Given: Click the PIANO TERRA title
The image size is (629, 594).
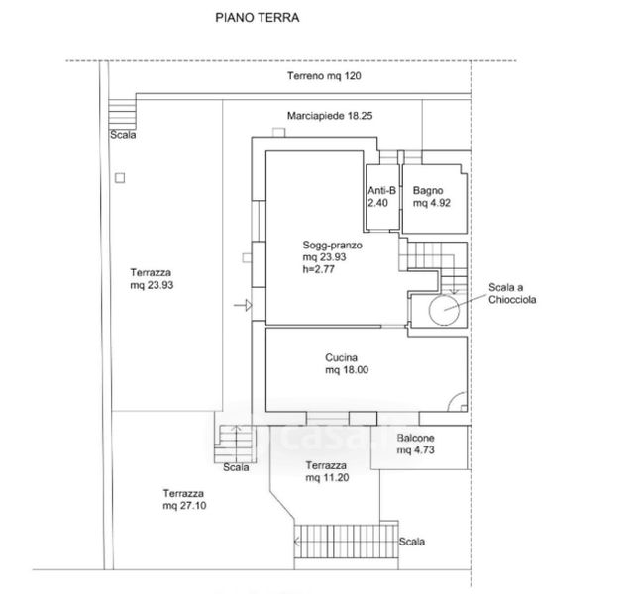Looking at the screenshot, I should pos(257,18).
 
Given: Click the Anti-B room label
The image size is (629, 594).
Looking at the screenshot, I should pos(381,196).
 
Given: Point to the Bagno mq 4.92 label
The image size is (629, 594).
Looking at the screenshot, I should pos(433,196).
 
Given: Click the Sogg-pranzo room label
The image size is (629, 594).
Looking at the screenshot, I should pos(334,244).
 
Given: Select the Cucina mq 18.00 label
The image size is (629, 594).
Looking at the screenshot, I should pos(347,364).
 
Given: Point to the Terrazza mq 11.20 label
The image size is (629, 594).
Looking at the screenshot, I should pos(326,471).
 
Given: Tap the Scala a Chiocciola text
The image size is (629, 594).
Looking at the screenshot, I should pos(511,293).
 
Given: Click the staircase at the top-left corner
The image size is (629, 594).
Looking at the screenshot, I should pos(121,112).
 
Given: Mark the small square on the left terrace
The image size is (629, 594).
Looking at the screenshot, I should pos(120,177).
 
